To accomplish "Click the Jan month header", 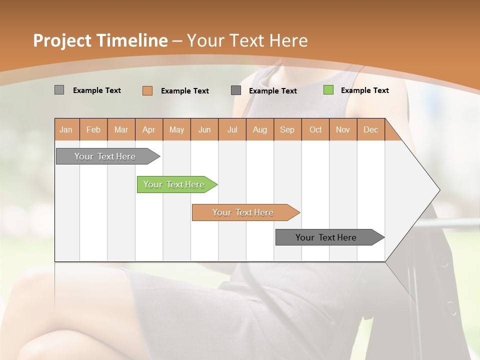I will (x=66, y=129).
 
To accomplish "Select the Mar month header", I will (x=121, y=129).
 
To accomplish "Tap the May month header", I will (x=176, y=129).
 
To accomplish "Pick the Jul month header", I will (x=232, y=129).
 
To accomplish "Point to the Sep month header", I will (x=287, y=129).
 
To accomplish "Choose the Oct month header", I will (x=315, y=129).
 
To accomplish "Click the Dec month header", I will (x=371, y=129).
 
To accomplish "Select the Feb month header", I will (x=93, y=129).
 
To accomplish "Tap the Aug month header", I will (x=260, y=129).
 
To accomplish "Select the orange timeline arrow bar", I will (x=243, y=212).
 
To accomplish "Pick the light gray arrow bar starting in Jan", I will (x=105, y=156).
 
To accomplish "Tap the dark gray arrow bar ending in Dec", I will (x=326, y=237).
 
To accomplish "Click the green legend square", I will (x=328, y=90).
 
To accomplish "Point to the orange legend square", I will (x=147, y=90).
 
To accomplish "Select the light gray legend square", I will (x=59, y=90).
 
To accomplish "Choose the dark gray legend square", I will (x=236, y=90).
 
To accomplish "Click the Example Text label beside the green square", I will (x=364, y=90).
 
